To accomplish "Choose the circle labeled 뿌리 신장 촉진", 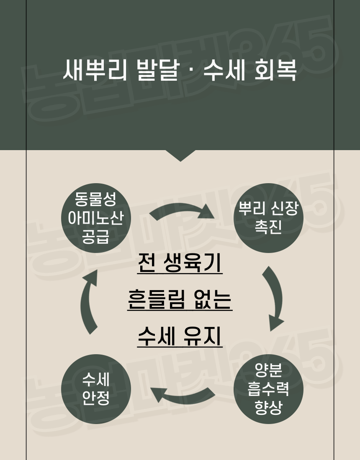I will (x=268, y=218).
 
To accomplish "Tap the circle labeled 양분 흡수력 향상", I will (x=268, y=389).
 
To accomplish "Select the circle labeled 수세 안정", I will (x=96, y=389).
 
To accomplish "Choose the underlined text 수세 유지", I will (x=180, y=336).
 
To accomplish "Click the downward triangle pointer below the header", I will (x=180, y=155).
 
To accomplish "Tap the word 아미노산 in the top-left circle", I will (x=96, y=218).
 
